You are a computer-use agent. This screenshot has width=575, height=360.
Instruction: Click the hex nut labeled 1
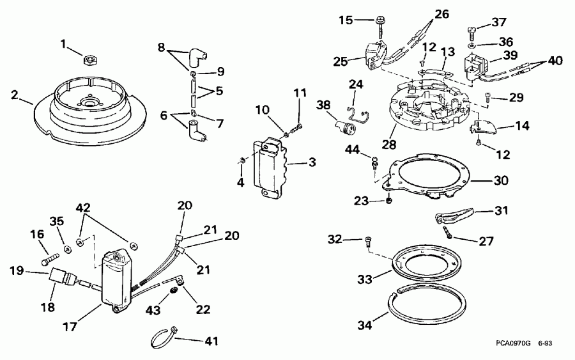pyautogui.click(x=91, y=59)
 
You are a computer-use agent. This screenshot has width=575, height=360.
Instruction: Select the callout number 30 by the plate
pyautogui.click(x=501, y=180)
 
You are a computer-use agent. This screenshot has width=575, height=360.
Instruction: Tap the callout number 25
pyautogui.click(x=340, y=61)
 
